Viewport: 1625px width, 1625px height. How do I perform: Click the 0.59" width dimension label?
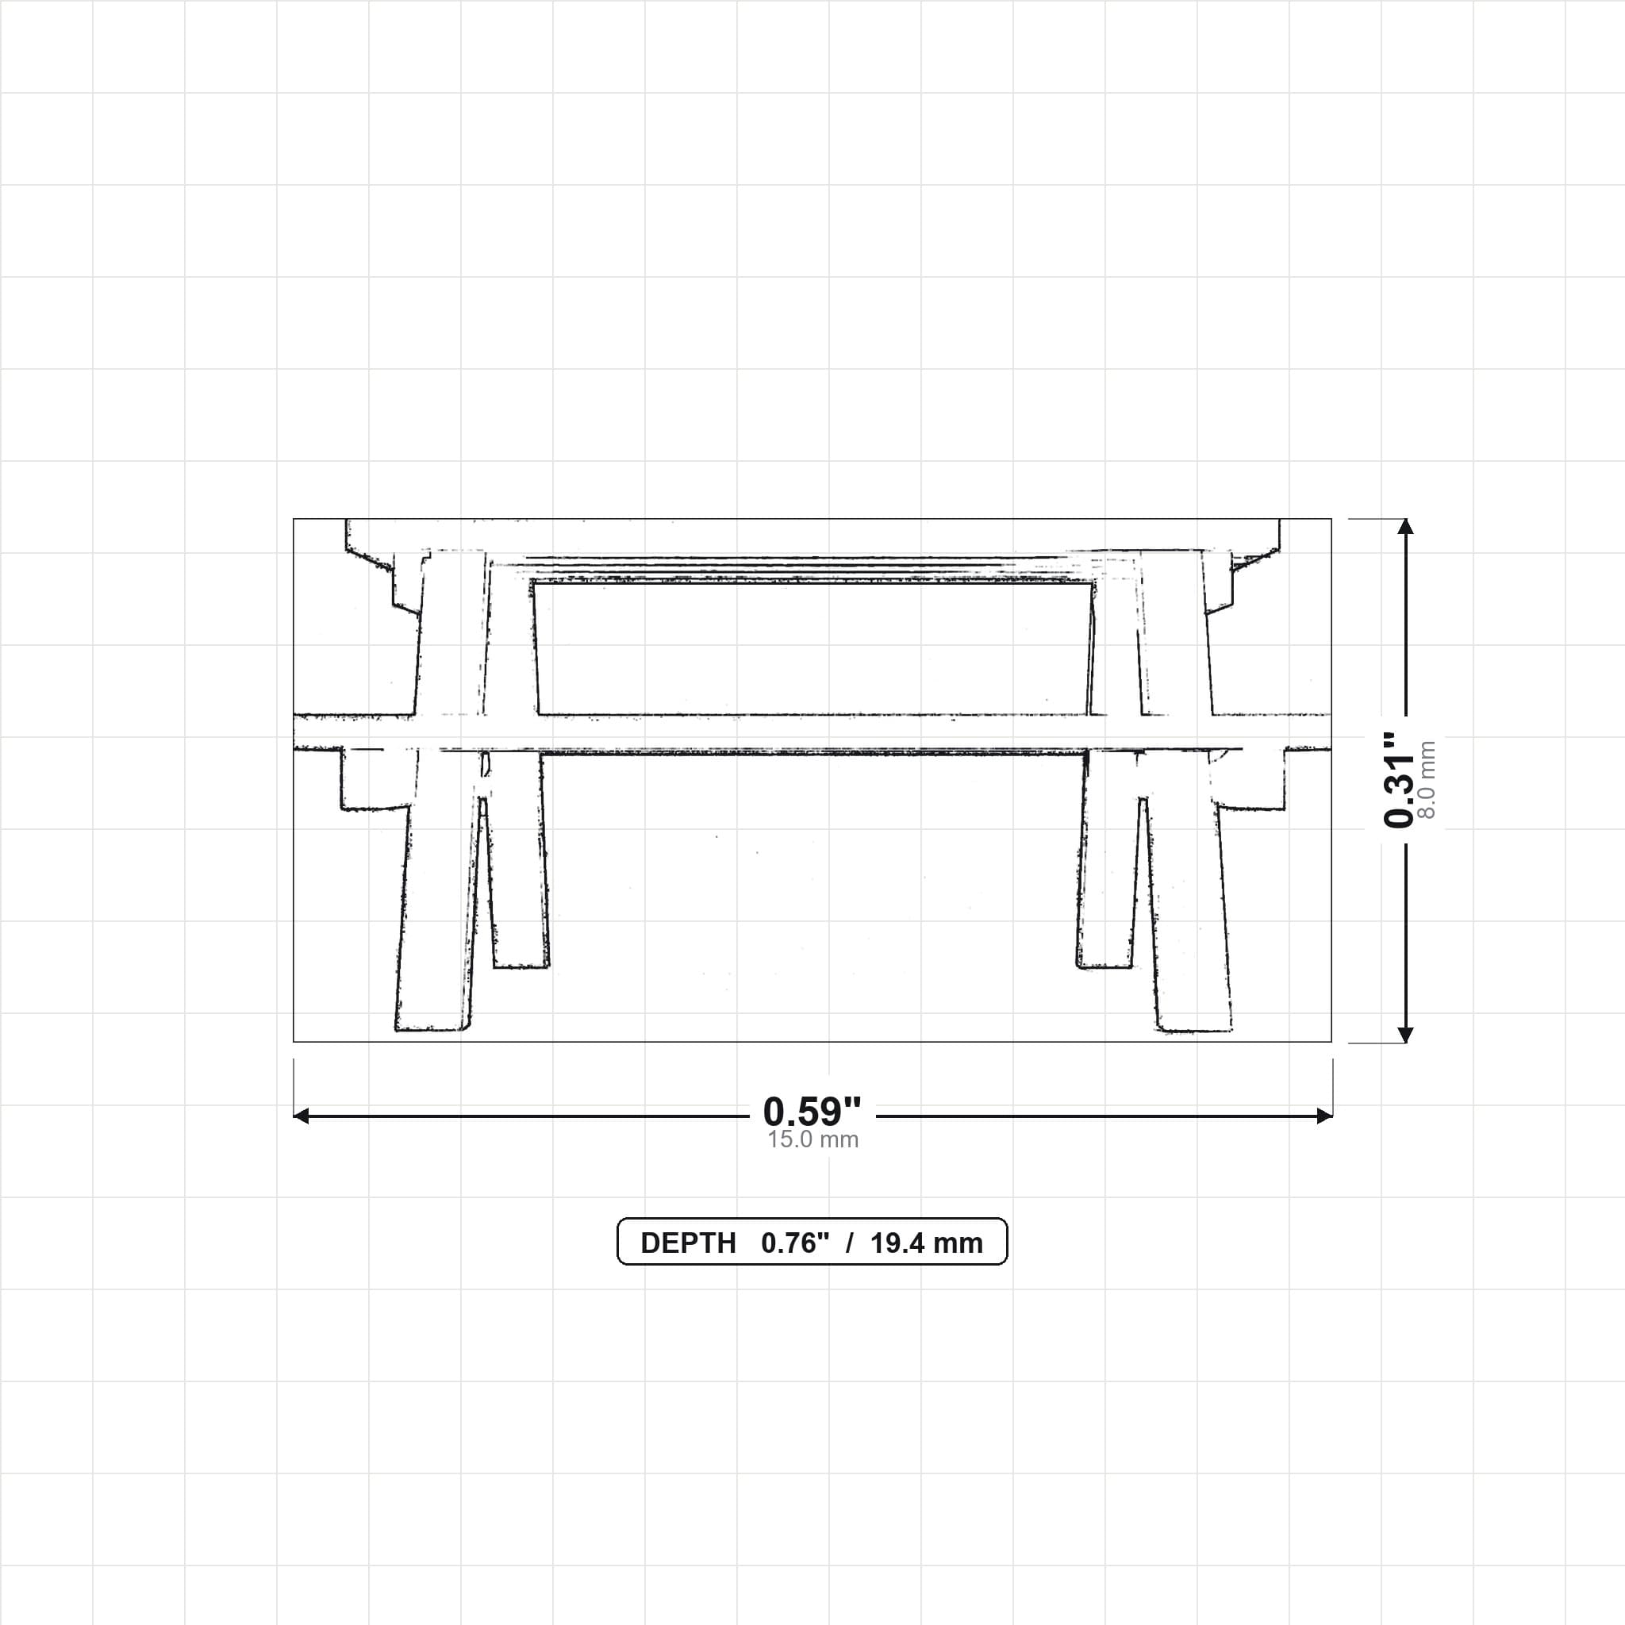(812, 1112)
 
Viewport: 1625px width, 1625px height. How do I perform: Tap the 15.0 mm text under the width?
(812, 1139)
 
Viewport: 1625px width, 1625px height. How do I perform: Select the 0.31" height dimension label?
(1400, 780)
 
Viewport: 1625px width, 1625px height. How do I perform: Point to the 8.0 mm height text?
(1427, 780)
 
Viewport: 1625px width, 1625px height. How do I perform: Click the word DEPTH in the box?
(688, 1243)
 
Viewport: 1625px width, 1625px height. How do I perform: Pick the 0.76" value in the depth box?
(795, 1243)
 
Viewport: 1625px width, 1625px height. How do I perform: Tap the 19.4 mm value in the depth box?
(926, 1243)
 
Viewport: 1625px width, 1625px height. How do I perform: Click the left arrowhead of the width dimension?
(301, 1116)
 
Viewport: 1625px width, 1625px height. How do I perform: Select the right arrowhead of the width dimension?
(1325, 1116)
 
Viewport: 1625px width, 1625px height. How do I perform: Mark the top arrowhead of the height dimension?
(1404, 527)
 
